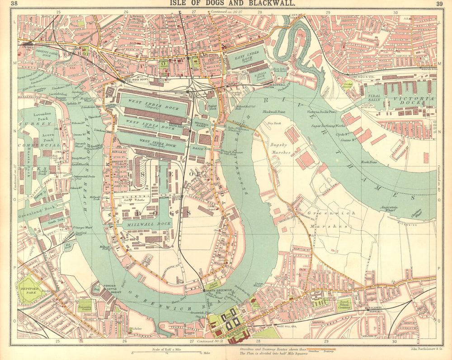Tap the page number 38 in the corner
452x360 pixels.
(14, 4)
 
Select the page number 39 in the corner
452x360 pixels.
(439, 4)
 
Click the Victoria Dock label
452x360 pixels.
(414, 101)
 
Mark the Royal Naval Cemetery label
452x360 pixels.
(344, 304)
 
